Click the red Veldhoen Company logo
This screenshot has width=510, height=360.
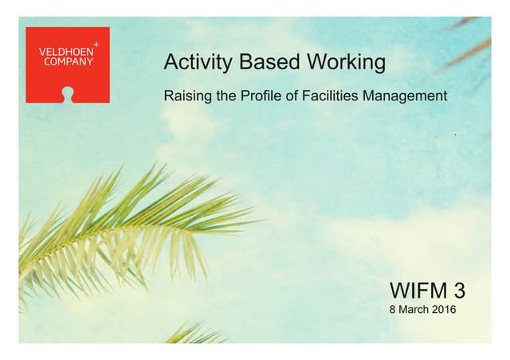pyautogui.click(x=67, y=65)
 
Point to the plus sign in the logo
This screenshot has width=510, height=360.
pyautogui.click(x=96, y=41)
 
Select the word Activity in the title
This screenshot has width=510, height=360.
pyautogui.click(x=191, y=62)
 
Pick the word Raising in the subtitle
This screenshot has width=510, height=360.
pyautogui.click(x=184, y=97)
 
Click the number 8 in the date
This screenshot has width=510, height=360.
pyautogui.click(x=392, y=310)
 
